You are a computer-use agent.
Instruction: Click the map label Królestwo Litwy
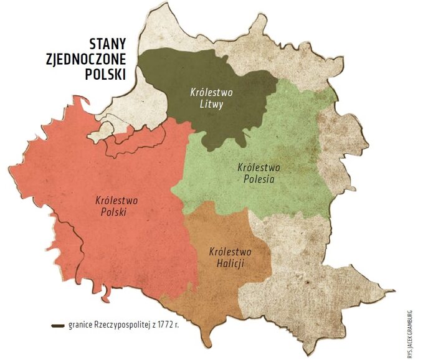coord(211,98)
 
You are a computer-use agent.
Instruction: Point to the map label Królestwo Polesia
coord(259,173)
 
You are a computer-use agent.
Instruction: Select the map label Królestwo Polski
coord(116,206)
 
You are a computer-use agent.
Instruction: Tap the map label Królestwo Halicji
coord(230,258)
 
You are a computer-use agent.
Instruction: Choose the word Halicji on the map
coord(230,263)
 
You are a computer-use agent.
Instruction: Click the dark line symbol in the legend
coord(59,326)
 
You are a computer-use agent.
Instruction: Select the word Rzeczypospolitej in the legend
coord(124,326)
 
